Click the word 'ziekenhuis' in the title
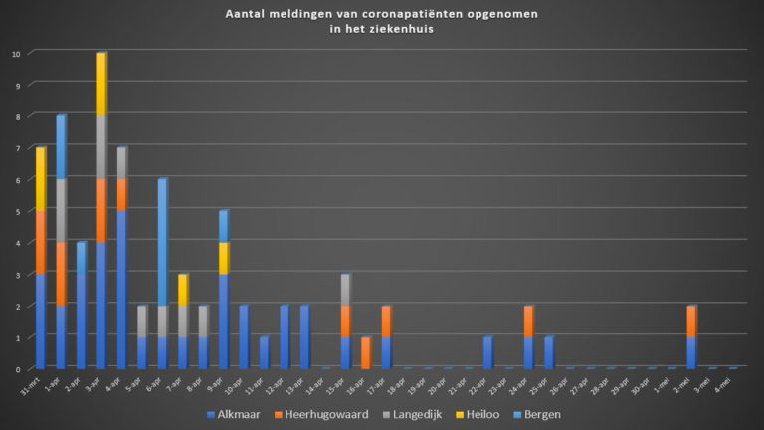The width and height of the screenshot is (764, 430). [407, 30]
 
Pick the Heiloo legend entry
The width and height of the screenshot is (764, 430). [487, 412]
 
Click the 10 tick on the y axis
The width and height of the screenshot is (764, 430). [15, 54]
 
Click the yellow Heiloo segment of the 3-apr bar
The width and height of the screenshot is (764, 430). [101, 85]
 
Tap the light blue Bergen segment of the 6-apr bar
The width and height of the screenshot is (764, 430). [162, 243]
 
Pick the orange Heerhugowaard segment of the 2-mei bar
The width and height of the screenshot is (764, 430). [691, 322]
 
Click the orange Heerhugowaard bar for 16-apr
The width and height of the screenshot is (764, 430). [365, 353]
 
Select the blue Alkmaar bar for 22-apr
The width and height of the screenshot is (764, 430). [487, 353]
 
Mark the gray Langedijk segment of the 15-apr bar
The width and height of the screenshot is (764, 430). [345, 290]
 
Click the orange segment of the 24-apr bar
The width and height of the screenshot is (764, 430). [528, 322]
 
